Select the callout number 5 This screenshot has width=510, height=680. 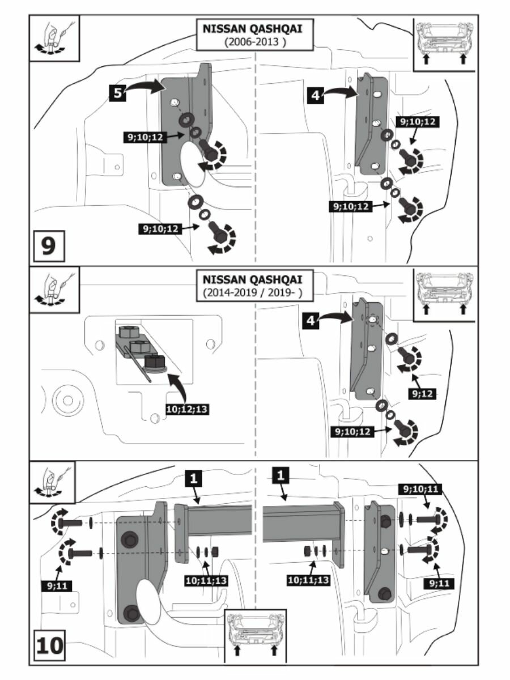tap(117, 93)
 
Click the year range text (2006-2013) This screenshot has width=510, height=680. tap(253, 42)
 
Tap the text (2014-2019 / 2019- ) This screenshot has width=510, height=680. tap(253, 292)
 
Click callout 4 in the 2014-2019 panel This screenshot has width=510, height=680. tap(310, 321)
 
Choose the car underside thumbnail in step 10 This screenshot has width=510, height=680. tap(255, 635)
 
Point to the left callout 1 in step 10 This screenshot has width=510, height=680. tap(193, 478)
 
